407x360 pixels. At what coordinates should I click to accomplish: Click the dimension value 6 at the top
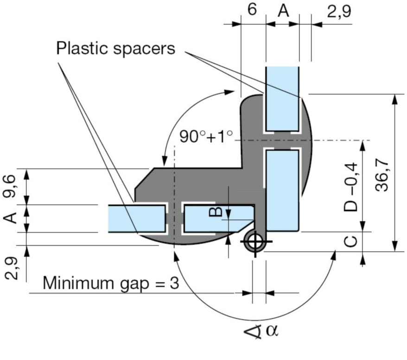click(252, 10)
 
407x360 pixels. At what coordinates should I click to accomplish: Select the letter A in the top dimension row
click(283, 11)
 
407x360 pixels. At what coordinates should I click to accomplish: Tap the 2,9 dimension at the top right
click(339, 11)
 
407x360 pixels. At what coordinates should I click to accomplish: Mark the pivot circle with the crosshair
click(254, 241)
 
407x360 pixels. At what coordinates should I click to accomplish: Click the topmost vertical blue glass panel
click(282, 98)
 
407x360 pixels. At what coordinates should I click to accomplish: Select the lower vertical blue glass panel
click(282, 190)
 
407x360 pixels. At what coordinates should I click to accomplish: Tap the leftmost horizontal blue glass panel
click(137, 218)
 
